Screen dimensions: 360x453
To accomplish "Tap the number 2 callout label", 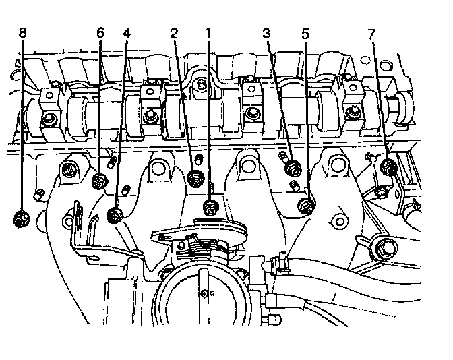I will [x=174, y=32].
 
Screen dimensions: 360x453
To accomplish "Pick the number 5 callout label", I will [x=307, y=32].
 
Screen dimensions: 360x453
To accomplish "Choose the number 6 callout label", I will [x=101, y=32].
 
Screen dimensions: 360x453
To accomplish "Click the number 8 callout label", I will [x=22, y=32].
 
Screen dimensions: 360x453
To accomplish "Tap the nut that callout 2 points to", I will [x=195, y=178].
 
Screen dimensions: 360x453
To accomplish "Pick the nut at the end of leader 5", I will [x=305, y=205].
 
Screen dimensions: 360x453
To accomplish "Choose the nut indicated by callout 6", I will [x=99, y=181].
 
